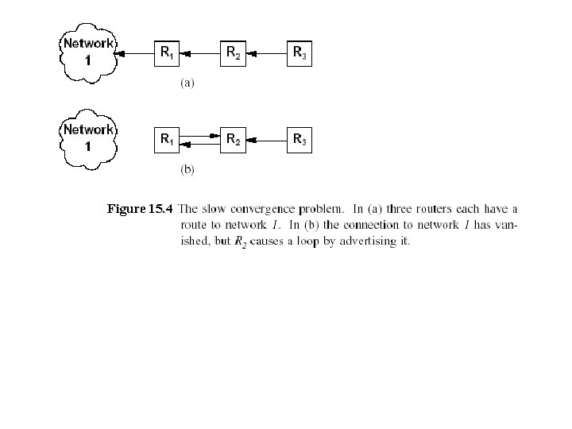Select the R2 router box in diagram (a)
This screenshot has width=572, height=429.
232,54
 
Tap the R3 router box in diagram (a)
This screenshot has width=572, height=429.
299,54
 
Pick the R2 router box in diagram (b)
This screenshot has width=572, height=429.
232,141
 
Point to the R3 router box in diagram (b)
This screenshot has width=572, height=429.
299,141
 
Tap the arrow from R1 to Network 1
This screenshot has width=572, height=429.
135,54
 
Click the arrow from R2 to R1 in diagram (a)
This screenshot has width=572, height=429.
199,54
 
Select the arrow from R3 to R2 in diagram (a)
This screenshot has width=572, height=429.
265,54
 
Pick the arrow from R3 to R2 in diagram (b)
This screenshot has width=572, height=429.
265,141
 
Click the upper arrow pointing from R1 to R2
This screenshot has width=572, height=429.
199,137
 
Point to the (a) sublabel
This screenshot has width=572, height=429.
187,82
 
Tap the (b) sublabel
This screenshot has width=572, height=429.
187,168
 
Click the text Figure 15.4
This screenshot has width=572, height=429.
140,210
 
